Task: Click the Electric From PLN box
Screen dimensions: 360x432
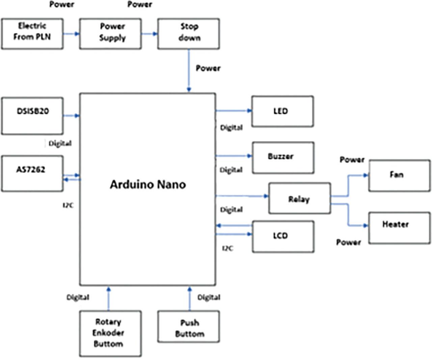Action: coord(32,34)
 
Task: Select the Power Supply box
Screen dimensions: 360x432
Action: coord(110,34)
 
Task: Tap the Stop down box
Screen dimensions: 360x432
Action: coord(188,34)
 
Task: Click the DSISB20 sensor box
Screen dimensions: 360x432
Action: coord(32,116)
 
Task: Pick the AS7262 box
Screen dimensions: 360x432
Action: coord(32,173)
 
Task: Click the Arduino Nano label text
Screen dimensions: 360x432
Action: coord(148,185)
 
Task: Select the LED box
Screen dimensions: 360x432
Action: coord(282,111)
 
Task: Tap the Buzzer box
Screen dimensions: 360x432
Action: coord(283,158)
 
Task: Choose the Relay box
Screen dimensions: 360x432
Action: coord(299,198)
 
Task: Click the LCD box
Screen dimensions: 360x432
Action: coord(283,237)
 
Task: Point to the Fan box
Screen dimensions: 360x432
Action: coord(399,176)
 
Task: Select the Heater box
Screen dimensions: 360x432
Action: coord(399,228)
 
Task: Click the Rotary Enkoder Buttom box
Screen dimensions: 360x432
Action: coord(110,334)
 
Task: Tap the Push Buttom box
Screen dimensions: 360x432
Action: coord(188,327)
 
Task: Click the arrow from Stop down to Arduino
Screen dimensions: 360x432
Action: coord(189,71)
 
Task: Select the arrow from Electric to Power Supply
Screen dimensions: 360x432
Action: coord(71,34)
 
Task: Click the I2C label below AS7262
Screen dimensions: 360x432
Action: coord(68,205)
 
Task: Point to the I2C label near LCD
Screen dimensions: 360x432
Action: coord(227,248)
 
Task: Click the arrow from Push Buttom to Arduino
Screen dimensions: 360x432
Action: coord(189,299)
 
